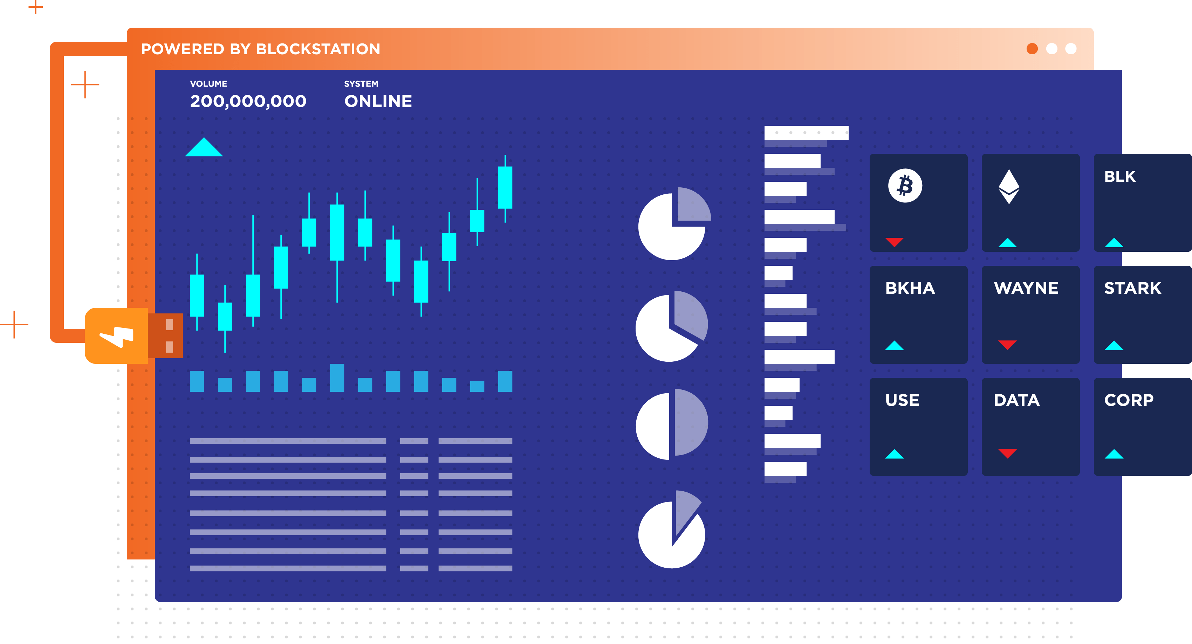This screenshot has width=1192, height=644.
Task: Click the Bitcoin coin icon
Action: (905, 186)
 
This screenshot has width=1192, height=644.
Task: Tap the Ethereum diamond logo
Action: (1009, 186)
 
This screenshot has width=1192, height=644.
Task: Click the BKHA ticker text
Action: (910, 288)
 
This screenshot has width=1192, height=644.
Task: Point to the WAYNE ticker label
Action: (1026, 288)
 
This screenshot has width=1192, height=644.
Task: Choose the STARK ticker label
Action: (1132, 288)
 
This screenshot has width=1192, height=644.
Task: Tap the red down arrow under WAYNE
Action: (1007, 344)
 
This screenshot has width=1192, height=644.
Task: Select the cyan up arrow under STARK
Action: (1114, 345)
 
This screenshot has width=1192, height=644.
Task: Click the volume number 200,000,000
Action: (248, 101)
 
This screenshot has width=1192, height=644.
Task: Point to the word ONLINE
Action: (378, 101)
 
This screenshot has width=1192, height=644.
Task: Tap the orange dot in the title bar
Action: (1032, 49)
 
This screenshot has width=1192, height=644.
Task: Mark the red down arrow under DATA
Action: (1007, 453)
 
